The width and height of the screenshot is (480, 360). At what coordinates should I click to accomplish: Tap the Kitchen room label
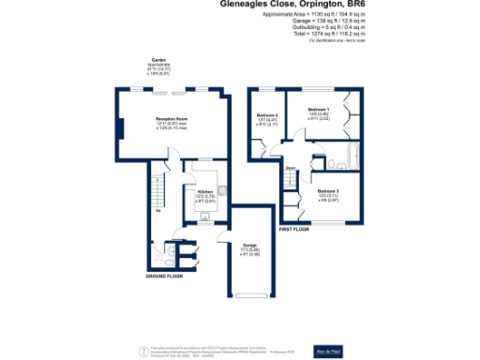[x=206, y=190]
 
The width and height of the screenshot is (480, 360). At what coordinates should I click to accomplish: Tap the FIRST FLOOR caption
[x=294, y=228]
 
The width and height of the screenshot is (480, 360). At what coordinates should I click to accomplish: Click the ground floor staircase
[x=159, y=193]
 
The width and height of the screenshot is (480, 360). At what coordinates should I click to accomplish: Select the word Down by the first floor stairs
[x=292, y=170]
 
